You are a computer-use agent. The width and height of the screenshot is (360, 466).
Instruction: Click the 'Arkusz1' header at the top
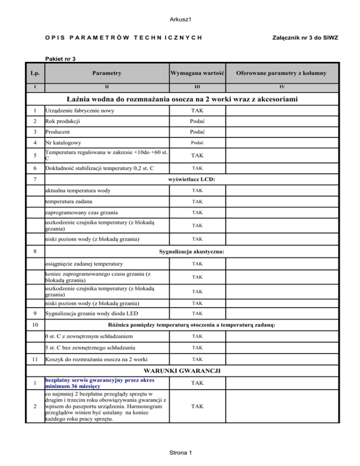click(180, 19)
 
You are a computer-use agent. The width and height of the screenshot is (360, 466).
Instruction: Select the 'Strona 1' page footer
click(180, 452)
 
